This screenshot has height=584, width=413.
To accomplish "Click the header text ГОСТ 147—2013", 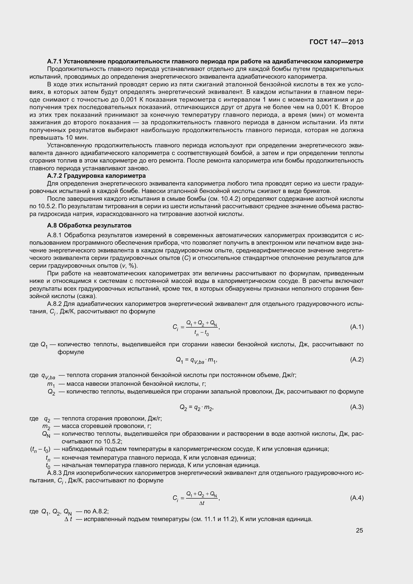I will click(x=336, y=42).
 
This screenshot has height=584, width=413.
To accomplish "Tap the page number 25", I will click(x=359, y=530).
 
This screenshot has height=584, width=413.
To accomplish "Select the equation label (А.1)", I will click(x=357, y=327).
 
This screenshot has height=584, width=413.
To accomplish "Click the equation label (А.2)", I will click(x=357, y=359).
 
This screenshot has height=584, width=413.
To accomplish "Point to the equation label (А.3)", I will click(x=357, y=407).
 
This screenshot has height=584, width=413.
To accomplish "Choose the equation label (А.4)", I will click(x=357, y=498).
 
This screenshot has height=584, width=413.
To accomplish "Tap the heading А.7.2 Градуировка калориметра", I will click(x=96, y=176).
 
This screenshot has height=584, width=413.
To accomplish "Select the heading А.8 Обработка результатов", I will click(x=89, y=225).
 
